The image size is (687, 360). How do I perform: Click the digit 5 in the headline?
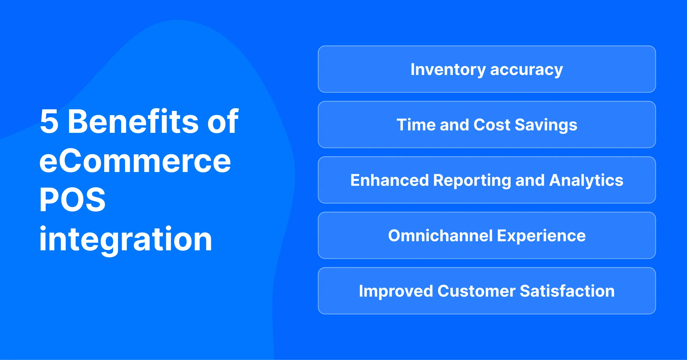coord(49,122)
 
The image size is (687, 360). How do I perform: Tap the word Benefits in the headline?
coord(133,121)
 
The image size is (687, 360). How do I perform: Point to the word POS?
coord(72,200)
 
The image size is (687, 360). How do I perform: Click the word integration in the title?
coord(125,239)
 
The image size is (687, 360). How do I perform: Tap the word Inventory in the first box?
coord(448,70)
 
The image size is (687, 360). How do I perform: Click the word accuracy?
coord(526,70)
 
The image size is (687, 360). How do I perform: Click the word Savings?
coord(546,125)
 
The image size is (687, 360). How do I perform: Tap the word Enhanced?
coord(389,180)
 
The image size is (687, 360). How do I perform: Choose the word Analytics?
coord(586,181)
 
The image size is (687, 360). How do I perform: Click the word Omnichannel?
coord(440,236)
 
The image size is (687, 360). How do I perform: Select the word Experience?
coord(541,236)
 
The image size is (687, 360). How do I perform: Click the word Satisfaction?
coord(567,291)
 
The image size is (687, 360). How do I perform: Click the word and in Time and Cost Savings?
coord(454,125)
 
